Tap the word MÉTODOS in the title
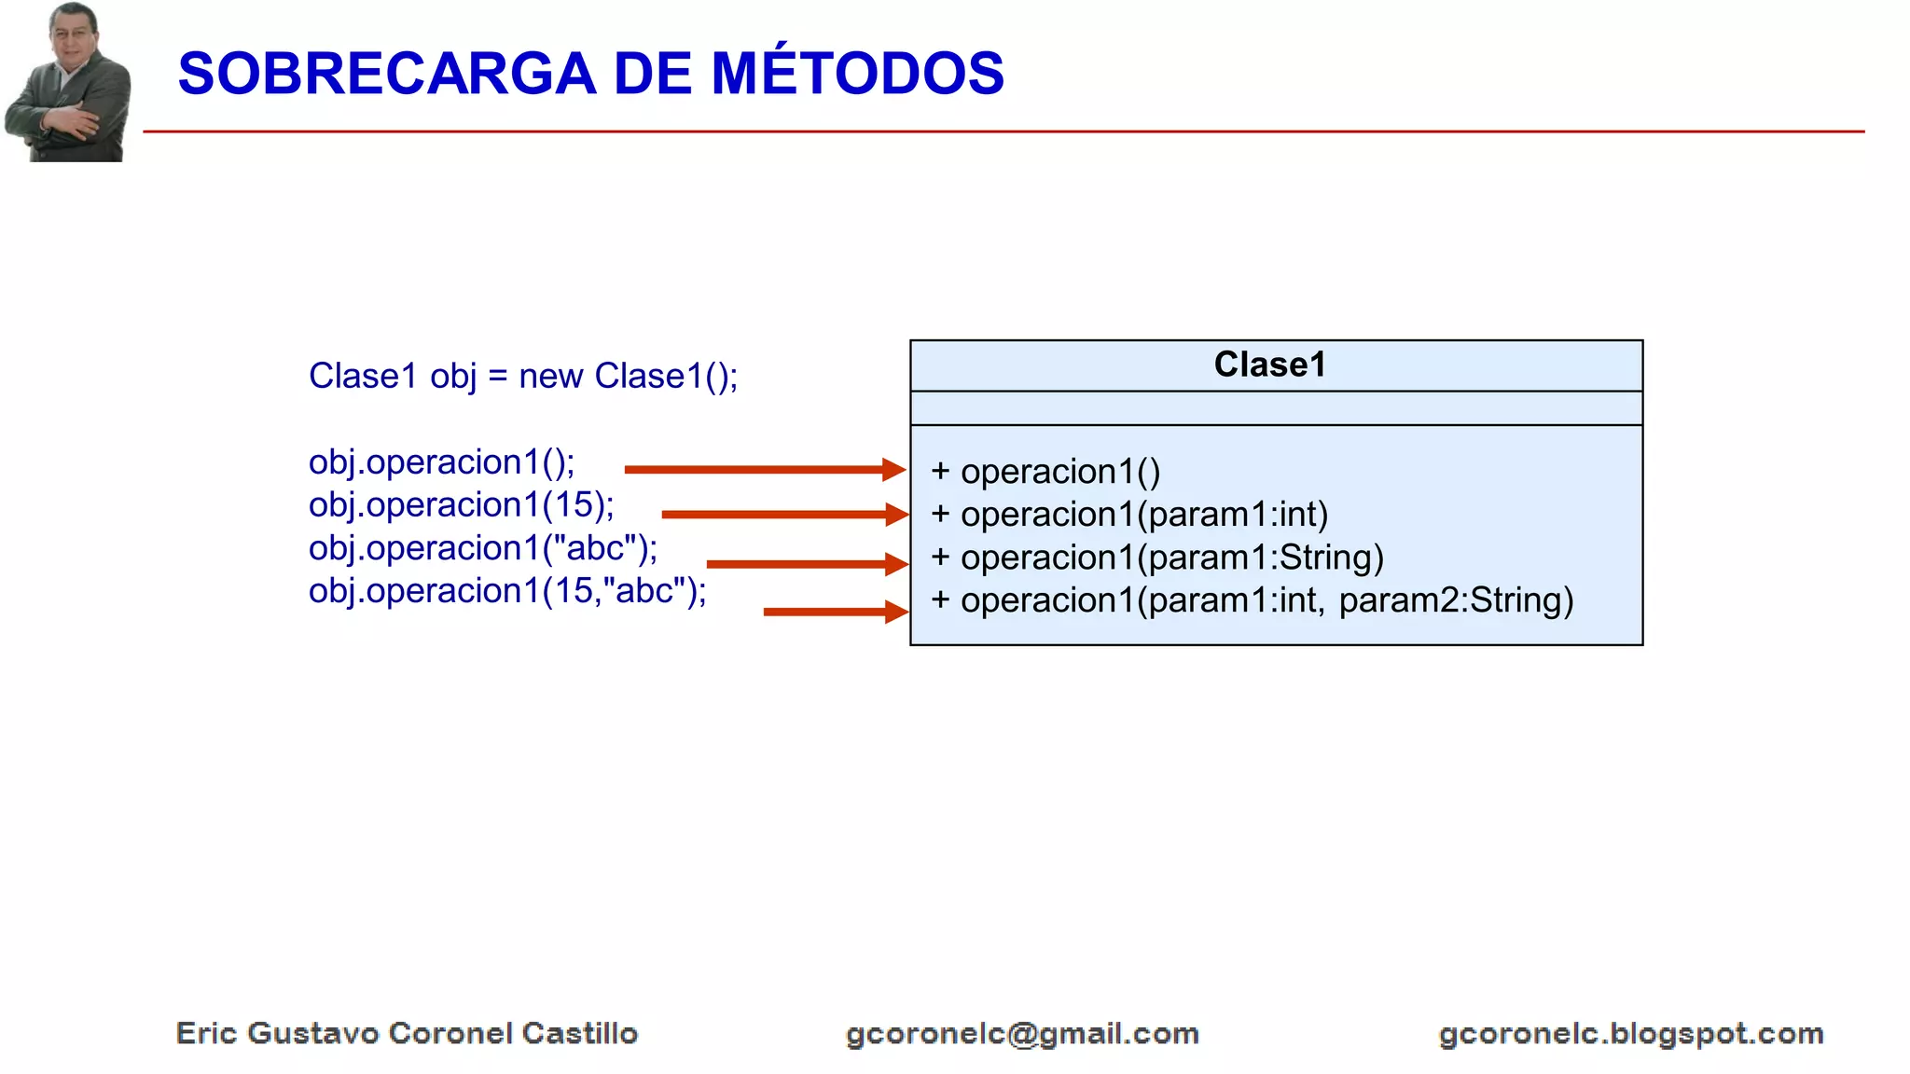pos(857,74)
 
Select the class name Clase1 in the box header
pos(1269,365)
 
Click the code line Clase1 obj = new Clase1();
pos(522,376)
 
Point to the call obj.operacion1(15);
pos(461,504)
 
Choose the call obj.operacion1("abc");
pos(482,548)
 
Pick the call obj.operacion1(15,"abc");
pos(506,591)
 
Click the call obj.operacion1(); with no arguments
pos(441,462)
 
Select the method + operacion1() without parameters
pos(1045,472)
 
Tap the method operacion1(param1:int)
pos(1143,515)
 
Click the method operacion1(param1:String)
pos(1171,558)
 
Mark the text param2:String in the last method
pos(1455,600)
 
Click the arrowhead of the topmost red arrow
pos(893,469)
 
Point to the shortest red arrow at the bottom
pos(834,612)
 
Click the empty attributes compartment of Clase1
pos(1275,408)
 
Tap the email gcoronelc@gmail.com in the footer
pos(1022,1034)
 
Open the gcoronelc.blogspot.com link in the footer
pos(1630,1034)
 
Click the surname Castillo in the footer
pos(579,1033)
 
